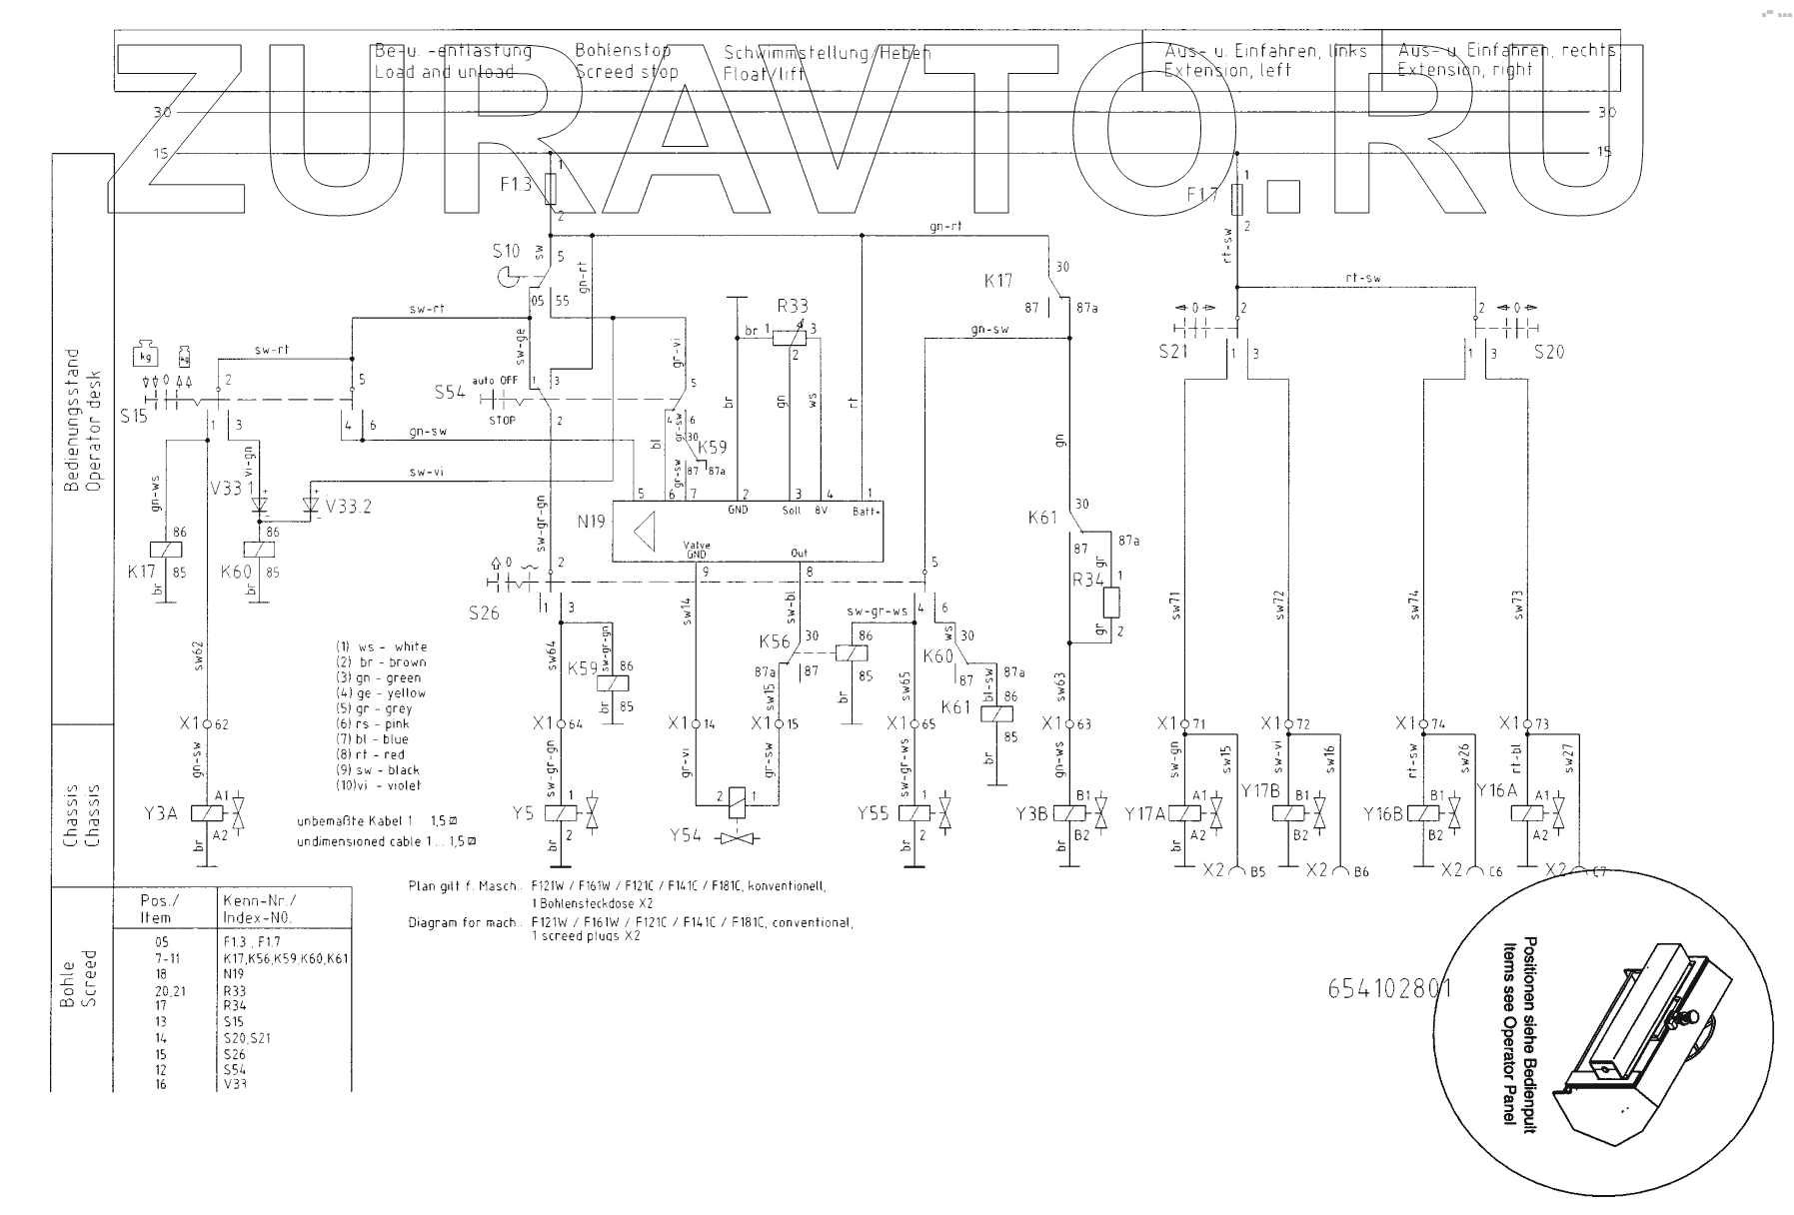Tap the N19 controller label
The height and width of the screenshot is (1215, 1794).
point(591,521)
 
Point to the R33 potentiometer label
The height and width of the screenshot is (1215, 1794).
point(792,306)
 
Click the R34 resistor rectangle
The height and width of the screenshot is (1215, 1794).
point(1110,603)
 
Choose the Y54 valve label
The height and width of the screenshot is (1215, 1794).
point(686,834)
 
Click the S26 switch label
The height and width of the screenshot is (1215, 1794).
point(484,611)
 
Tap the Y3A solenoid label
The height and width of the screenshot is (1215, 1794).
point(160,812)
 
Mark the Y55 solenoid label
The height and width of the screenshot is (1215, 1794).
point(873,812)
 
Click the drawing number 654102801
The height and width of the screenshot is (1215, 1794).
point(1389,988)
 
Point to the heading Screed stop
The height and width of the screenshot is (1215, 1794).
point(627,72)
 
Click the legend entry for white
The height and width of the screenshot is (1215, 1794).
point(381,646)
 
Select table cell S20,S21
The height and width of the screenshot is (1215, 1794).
point(247,1037)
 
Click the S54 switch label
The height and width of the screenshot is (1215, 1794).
point(450,392)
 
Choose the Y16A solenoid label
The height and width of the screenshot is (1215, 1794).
point(1497,789)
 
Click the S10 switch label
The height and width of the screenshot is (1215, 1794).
point(506,251)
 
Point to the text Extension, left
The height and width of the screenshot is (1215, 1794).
point(1226,71)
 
